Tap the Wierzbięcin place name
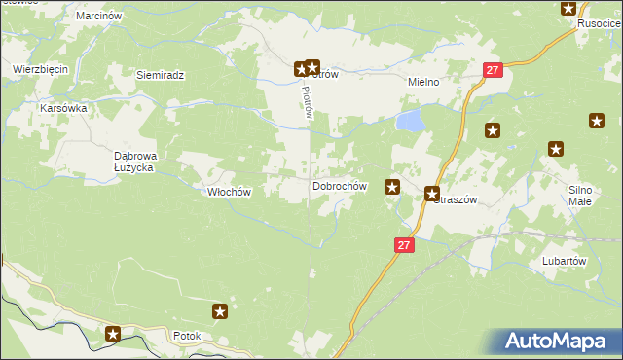39,69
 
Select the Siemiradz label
161,75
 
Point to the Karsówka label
63,108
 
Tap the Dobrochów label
339,186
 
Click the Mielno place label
424,83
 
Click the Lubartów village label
563,261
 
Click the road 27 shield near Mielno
494,70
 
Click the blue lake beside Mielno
410,121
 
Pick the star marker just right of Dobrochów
393,186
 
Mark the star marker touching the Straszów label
432,194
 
